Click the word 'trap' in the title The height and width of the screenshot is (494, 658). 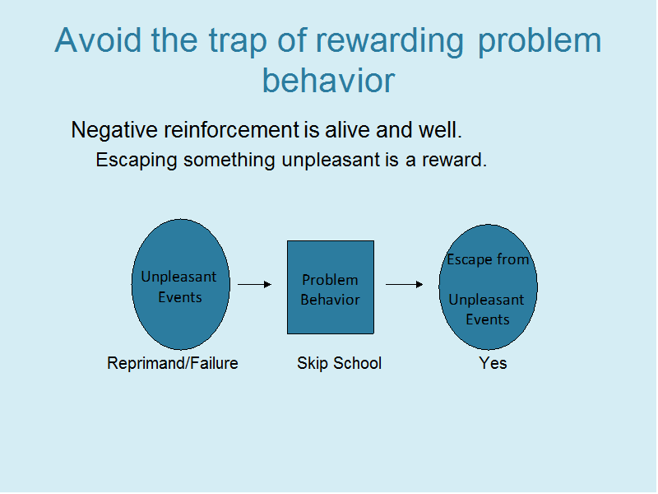(x=238, y=42)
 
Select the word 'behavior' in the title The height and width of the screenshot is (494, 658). (x=328, y=80)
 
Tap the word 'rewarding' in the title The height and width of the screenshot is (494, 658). (x=389, y=42)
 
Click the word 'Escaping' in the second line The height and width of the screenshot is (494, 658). (x=137, y=161)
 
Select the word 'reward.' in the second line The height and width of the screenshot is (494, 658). (x=455, y=160)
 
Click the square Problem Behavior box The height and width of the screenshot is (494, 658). (x=331, y=287)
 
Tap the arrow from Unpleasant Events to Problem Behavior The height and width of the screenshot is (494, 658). (x=255, y=284)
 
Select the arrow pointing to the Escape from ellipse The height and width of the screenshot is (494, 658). (x=404, y=284)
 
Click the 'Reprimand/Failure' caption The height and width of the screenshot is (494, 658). (x=173, y=363)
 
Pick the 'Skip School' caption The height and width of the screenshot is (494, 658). (x=340, y=363)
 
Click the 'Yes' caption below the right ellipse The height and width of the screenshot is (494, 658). (x=493, y=363)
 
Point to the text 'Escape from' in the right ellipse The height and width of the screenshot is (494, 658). (x=488, y=259)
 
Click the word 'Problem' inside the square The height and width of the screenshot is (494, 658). (x=331, y=280)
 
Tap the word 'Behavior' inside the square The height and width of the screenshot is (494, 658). (x=331, y=300)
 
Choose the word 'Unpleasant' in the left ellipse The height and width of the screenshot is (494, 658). (x=178, y=277)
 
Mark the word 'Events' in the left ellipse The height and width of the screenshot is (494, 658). (x=180, y=297)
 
